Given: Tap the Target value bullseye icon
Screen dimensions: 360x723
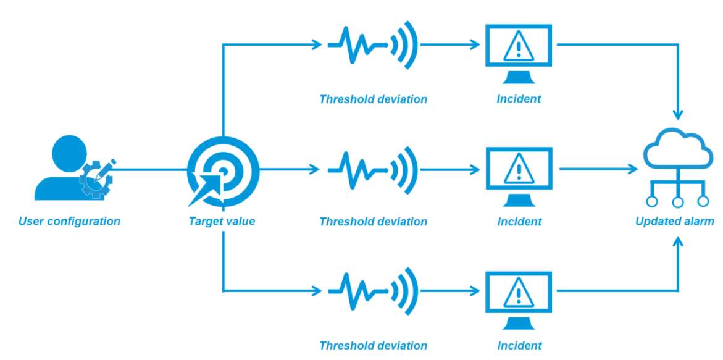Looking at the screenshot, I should (223, 169).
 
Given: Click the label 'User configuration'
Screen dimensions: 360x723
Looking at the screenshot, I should (69, 221).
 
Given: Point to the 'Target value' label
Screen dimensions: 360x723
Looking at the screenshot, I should (222, 221).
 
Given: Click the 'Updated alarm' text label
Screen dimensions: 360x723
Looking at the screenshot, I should (675, 221).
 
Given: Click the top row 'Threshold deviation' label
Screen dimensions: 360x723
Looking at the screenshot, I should (373, 99).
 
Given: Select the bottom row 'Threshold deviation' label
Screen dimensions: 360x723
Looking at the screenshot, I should (373, 346).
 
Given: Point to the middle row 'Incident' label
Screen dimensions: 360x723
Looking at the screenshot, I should (519, 221).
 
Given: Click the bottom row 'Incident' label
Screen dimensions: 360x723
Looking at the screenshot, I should (519, 346).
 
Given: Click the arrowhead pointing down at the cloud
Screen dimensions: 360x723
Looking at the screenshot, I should (679, 115).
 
